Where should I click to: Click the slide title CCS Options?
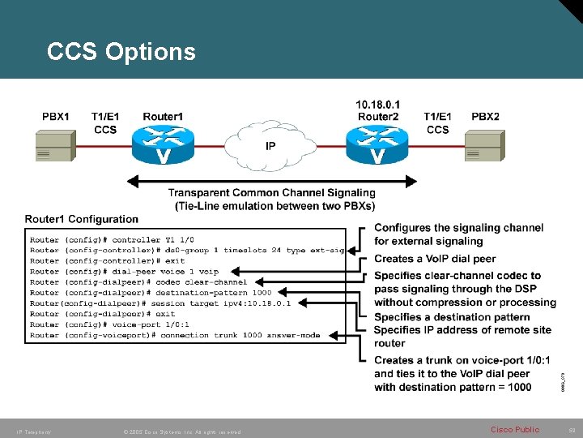click(x=121, y=52)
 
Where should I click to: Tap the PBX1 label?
click(x=56, y=117)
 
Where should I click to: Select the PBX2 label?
click(x=485, y=117)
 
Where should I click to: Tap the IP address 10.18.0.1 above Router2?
click(x=377, y=105)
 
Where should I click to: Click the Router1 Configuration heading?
click(x=82, y=219)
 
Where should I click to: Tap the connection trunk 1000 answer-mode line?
click(x=175, y=335)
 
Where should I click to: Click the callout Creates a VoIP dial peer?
click(x=435, y=259)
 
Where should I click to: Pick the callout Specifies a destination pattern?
click(x=453, y=316)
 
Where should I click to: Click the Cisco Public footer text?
click(x=514, y=429)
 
